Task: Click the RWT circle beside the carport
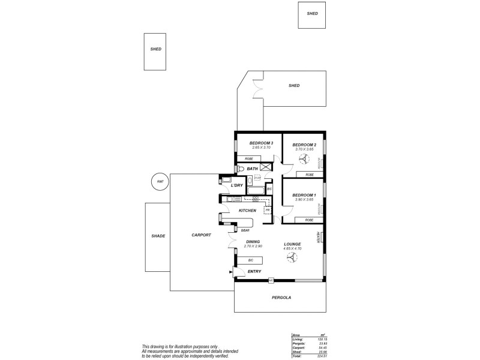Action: click(x=160, y=182)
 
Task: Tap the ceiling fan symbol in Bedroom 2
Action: click(x=304, y=159)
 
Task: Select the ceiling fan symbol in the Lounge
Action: click(x=292, y=259)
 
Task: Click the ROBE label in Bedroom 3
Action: click(x=248, y=159)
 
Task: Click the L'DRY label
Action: click(x=237, y=186)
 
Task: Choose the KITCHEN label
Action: click(x=248, y=211)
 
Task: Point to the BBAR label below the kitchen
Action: click(x=245, y=230)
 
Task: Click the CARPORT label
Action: click(x=201, y=235)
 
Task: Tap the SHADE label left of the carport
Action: click(x=158, y=236)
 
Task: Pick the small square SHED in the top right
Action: click(x=313, y=14)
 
